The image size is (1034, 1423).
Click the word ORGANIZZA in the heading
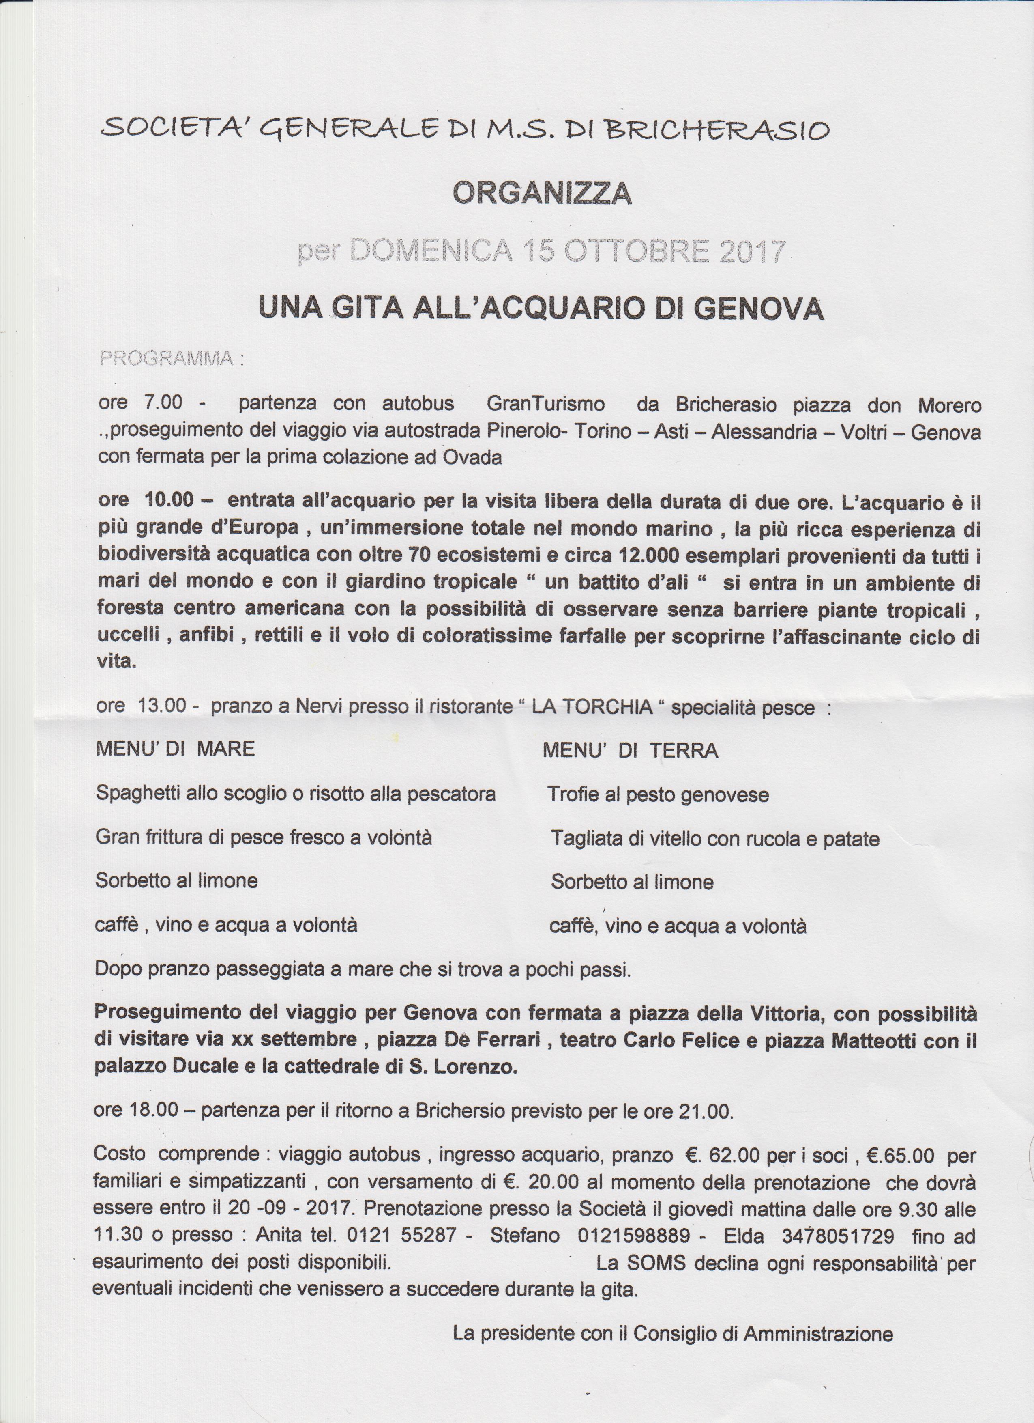[x=542, y=194]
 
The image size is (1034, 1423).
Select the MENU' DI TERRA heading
[x=630, y=750]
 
